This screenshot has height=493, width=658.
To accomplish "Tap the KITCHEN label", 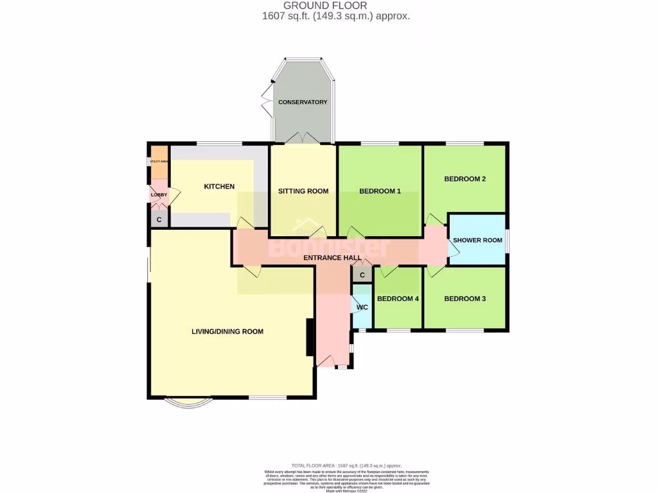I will (x=219, y=187).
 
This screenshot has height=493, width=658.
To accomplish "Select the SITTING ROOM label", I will (x=303, y=191).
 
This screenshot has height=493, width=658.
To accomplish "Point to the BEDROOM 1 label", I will (x=380, y=191).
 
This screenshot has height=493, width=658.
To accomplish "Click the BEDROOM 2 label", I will (x=465, y=179).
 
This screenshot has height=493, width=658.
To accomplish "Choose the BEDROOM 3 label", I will (x=465, y=298).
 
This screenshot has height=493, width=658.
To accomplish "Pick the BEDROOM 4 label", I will (x=398, y=298).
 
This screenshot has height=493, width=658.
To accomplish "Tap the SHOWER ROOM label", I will (x=477, y=240).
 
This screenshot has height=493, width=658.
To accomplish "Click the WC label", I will (x=362, y=307).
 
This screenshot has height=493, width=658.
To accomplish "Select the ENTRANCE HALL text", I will (x=332, y=257).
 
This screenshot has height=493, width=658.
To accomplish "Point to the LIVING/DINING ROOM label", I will (x=227, y=332).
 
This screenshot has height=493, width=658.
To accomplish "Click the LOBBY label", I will (x=159, y=195).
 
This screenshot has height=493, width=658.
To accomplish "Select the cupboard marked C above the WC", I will (x=362, y=275).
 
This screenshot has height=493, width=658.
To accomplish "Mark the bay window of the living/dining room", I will (x=187, y=402).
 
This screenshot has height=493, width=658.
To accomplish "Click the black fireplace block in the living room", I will (x=310, y=337).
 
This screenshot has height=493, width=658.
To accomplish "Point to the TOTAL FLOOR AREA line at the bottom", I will (x=346, y=465).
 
